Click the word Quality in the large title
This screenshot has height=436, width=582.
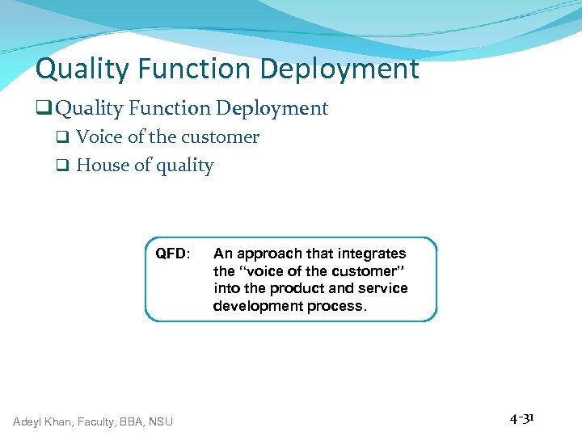[80, 69]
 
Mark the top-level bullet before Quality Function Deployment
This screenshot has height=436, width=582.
[44, 109]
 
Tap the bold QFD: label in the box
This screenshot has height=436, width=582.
[173, 254]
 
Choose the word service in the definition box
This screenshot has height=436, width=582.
[383, 288]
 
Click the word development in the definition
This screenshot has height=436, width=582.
[255, 306]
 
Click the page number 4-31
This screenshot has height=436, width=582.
[522, 418]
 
